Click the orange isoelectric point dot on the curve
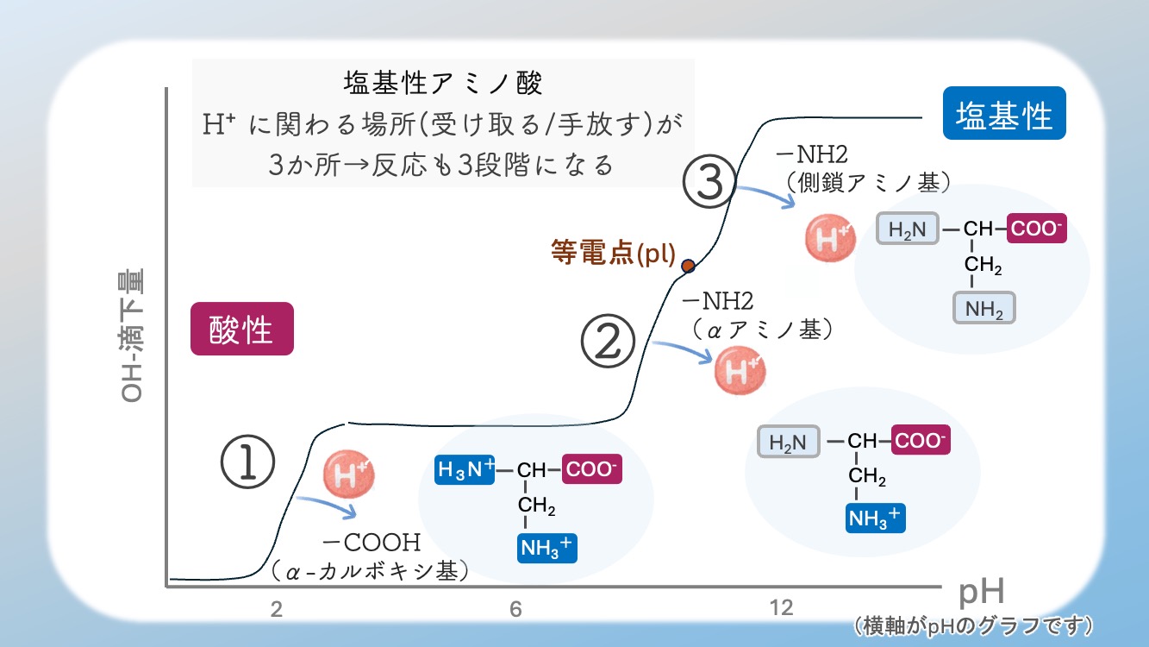tap(688, 266)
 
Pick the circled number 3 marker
tap(709, 182)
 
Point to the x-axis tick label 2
tap(277, 609)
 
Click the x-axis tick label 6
tap(515, 609)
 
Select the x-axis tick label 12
tap(780, 608)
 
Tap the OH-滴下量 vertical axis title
tap(134, 336)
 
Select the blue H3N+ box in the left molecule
tap(465, 470)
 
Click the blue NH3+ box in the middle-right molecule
tap(876, 517)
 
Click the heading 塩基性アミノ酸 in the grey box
tap(442, 85)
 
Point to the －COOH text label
tap(371, 543)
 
